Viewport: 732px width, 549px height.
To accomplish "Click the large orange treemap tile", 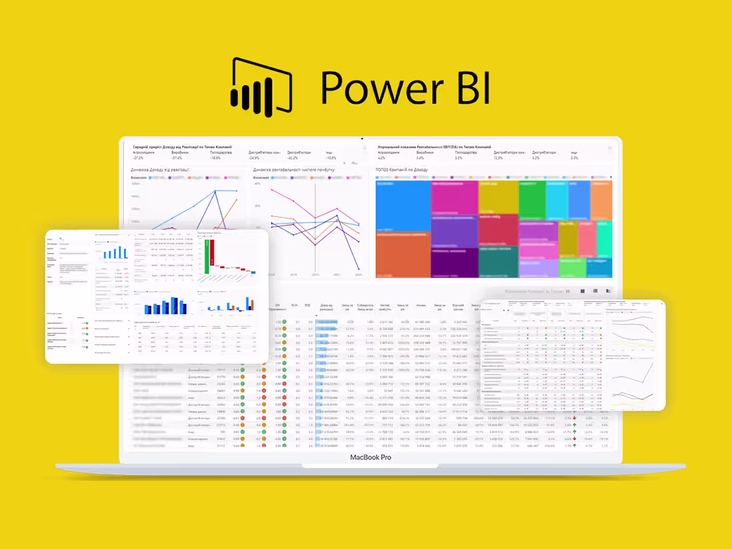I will (403, 254).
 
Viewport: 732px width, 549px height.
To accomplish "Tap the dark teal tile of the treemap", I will (498, 262).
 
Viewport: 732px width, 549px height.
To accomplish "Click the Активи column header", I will (421, 307).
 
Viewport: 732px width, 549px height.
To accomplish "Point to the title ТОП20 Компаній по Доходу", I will (403, 170).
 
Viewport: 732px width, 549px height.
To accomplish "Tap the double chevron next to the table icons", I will (567, 291).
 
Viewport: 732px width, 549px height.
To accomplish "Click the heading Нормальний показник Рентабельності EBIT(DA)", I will (434, 146).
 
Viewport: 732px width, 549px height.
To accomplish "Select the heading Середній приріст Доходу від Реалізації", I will (182, 146).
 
